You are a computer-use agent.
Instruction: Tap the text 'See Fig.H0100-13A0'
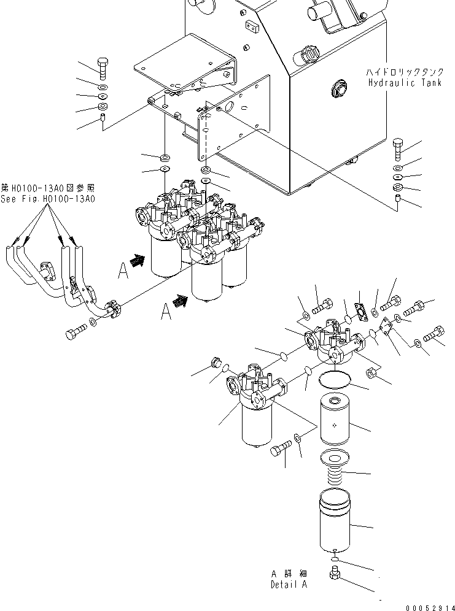[48, 199]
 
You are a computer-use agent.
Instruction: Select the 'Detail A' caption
[289, 584]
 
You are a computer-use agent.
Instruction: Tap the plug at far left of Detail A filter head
[215, 363]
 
